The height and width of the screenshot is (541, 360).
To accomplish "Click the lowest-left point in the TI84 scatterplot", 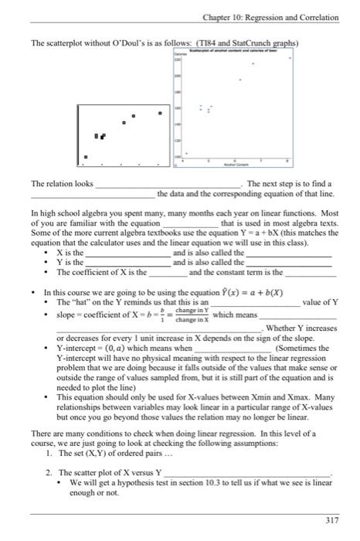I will (x=87, y=158).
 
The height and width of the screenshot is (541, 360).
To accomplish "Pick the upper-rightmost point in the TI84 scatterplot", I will (x=161, y=114).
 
